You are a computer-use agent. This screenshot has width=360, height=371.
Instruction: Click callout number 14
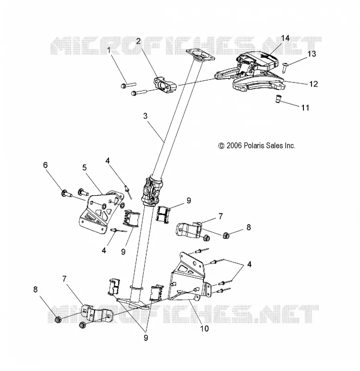coord(285,38)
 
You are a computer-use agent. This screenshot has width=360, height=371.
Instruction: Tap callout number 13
coord(311,54)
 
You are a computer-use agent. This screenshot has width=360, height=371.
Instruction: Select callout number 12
coord(313,84)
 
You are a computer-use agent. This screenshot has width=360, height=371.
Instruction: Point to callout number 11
coord(305,108)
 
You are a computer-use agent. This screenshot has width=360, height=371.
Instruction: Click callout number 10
coord(204,328)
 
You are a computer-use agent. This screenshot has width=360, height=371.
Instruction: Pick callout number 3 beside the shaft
coord(145,116)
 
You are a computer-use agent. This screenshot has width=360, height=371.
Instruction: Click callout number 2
coord(138,41)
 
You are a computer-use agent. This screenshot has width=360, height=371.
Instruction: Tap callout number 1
coord(109,50)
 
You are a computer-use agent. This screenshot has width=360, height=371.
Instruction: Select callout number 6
coord(45,165)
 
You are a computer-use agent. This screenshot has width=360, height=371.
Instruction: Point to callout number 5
coord(84,167)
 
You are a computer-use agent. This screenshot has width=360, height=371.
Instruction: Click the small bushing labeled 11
coord(278,99)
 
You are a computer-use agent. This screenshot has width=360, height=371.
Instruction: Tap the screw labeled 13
coord(285,67)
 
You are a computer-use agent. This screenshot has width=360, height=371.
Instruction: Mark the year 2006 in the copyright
coord(234,146)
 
